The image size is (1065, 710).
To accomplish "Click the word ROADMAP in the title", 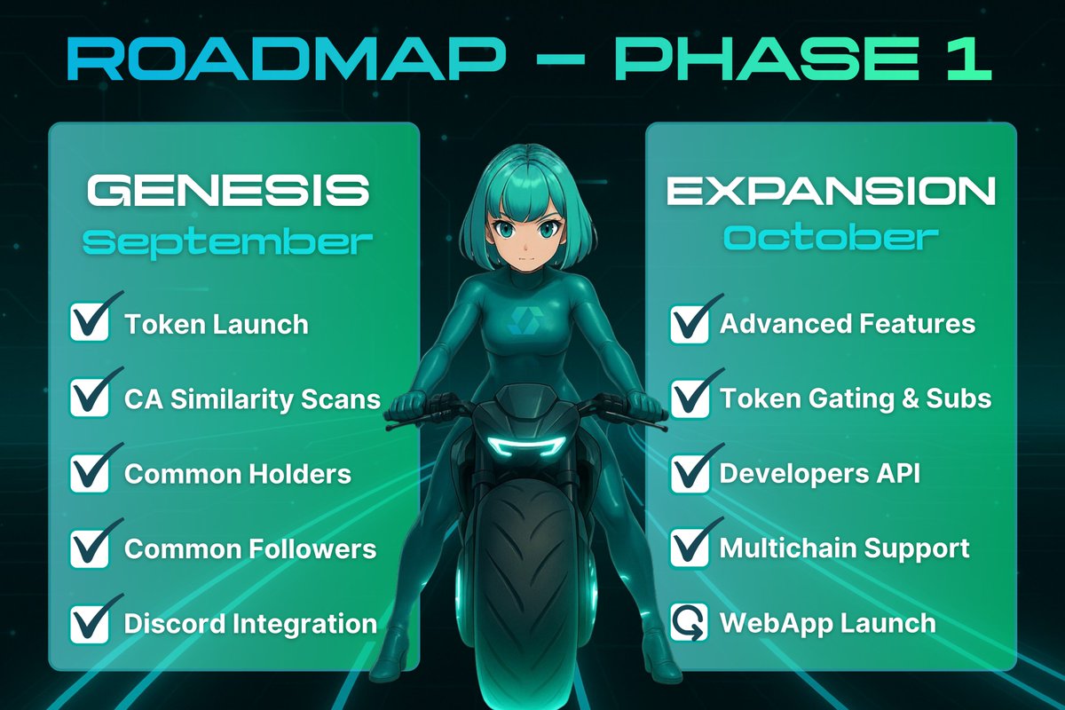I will pyautogui.click(x=284, y=59).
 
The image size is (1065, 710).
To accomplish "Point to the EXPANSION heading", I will pyautogui.click(x=831, y=191).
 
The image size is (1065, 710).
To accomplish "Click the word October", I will pyautogui.click(x=831, y=238).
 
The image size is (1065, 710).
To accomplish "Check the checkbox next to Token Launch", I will pyautogui.click(x=90, y=323).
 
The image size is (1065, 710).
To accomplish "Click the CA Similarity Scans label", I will pyautogui.click(x=252, y=399).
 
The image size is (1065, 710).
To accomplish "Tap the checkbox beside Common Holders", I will pyautogui.click(x=90, y=473).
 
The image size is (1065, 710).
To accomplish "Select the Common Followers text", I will pyautogui.click(x=250, y=548).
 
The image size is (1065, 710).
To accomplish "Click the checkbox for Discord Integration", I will pyautogui.click(x=90, y=623).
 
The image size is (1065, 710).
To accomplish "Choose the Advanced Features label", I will pyautogui.click(x=848, y=324).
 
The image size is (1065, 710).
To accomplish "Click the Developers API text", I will pyautogui.click(x=819, y=473).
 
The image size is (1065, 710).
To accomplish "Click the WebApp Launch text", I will pyautogui.click(x=827, y=622).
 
